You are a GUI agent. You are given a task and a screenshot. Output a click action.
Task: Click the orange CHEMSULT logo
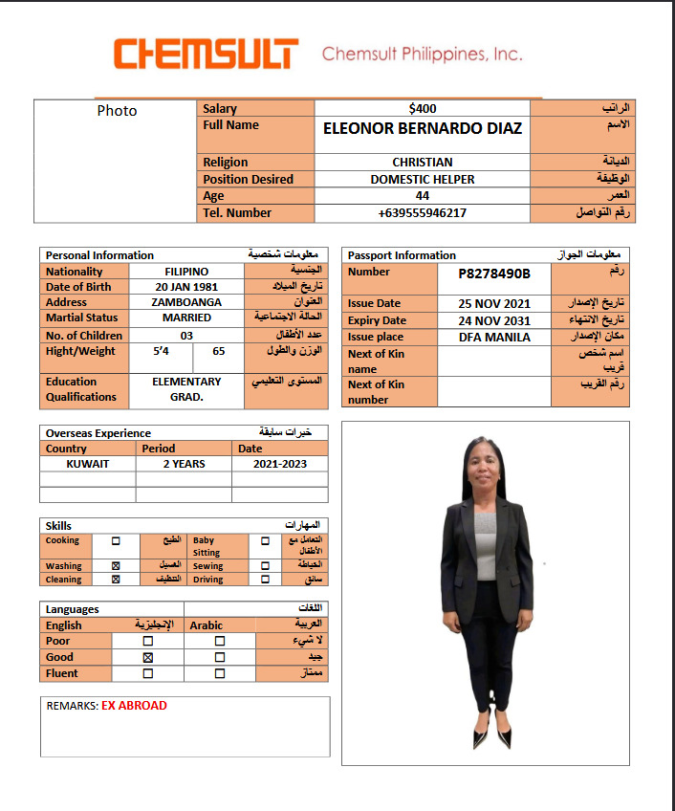(x=206, y=54)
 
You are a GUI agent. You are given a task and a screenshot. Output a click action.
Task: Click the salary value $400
(x=422, y=109)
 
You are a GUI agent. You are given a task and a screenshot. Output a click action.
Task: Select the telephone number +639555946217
(x=422, y=213)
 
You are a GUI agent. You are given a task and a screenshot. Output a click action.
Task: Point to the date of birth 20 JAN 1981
(x=186, y=287)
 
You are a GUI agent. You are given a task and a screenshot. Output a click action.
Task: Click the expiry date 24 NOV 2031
(x=493, y=320)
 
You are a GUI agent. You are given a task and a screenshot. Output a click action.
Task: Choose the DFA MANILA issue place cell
(x=493, y=337)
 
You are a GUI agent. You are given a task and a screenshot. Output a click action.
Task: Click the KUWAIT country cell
(x=88, y=464)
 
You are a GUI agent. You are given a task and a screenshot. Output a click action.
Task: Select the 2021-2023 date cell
(x=279, y=464)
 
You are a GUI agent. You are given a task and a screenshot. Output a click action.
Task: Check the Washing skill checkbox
(x=116, y=566)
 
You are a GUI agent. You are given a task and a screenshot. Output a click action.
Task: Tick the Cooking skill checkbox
(x=116, y=540)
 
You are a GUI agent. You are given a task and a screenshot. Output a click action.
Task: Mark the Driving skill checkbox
(x=265, y=580)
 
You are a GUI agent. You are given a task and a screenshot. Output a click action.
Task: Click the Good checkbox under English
(x=148, y=658)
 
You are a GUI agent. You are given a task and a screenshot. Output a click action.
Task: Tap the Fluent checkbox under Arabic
(x=220, y=673)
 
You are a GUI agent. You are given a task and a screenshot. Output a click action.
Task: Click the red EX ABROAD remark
(x=134, y=706)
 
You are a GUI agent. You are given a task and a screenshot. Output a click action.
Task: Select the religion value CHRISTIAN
(x=422, y=163)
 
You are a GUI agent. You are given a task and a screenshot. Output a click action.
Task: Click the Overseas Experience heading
(x=98, y=433)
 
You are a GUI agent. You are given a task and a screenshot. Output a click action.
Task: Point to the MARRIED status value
(x=186, y=318)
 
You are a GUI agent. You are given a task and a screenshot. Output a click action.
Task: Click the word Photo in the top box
(x=117, y=111)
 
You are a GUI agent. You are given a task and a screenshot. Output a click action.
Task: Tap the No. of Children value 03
(x=186, y=336)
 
